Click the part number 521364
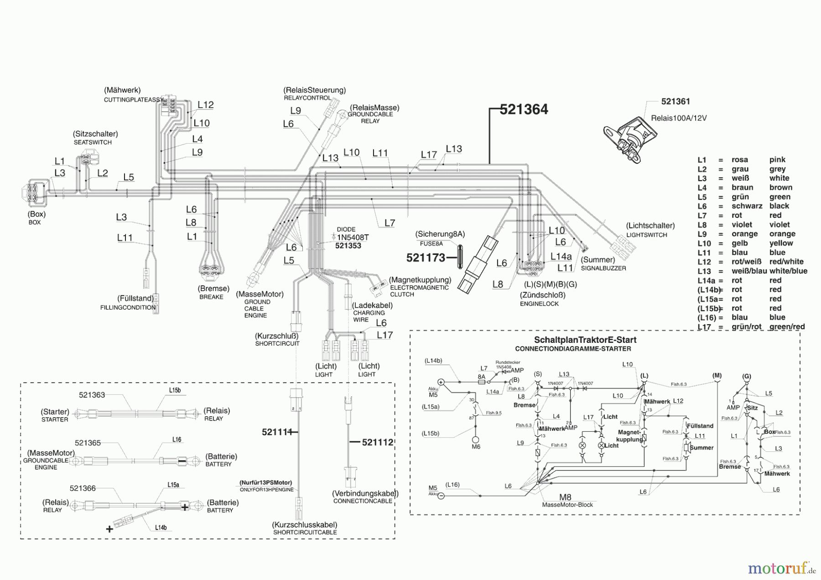tap(524, 109)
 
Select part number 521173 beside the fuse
tap(426, 258)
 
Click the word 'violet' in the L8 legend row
tap(741, 225)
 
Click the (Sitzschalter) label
tap(95, 134)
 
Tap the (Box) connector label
tap(36, 214)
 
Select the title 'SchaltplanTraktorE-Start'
tap(585, 340)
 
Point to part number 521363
tap(92, 395)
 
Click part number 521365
tap(88, 443)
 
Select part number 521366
tap(83, 488)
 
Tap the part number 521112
tap(377, 442)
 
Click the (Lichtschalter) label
tap(650, 226)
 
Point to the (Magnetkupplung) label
tap(420, 280)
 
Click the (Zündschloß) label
tap(542, 295)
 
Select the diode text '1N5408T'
tap(353, 238)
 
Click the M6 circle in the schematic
tap(476, 439)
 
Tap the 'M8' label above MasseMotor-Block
tap(565, 497)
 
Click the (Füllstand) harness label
tap(135, 298)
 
